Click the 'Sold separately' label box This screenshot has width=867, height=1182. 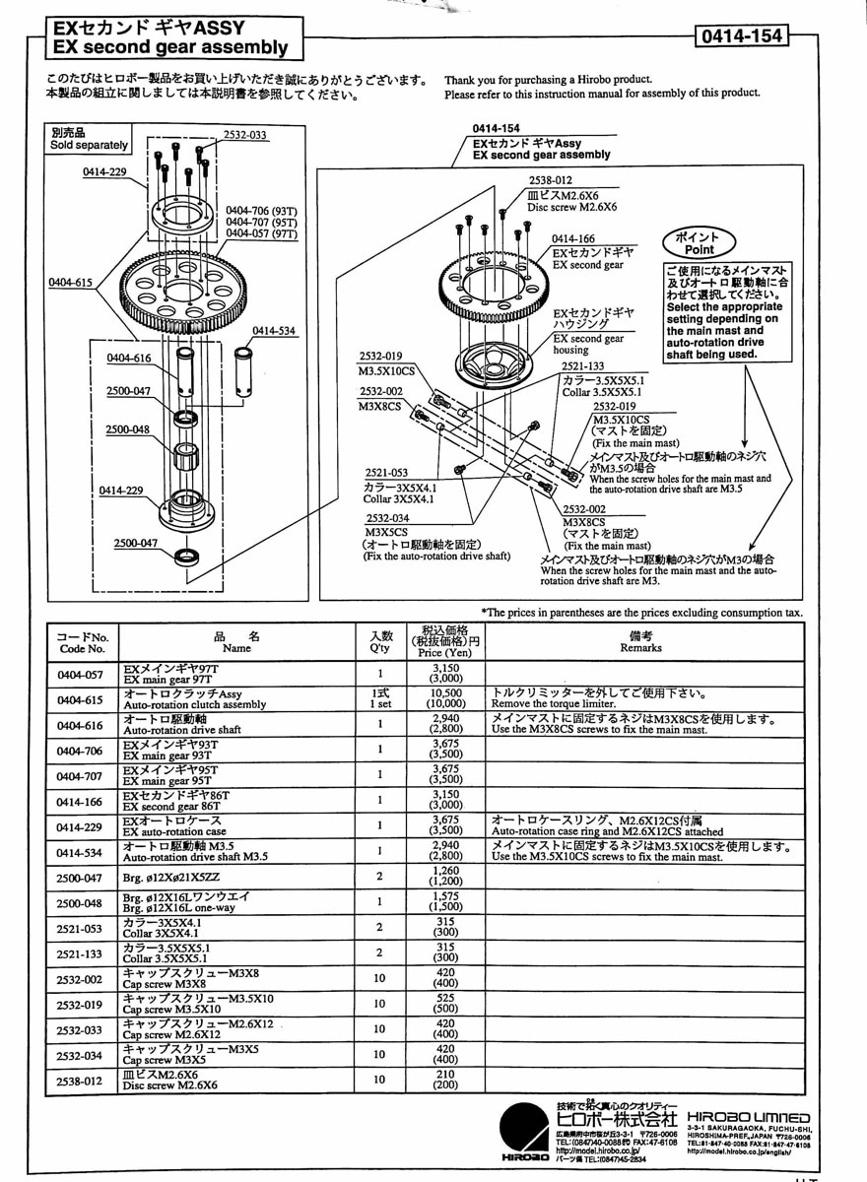point(89,139)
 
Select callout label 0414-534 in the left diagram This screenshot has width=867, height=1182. point(274,331)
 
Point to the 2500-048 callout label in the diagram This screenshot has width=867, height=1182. point(128,429)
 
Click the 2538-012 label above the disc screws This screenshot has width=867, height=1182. point(550,181)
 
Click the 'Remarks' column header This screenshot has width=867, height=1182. point(640,642)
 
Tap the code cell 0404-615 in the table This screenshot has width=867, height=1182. point(81,698)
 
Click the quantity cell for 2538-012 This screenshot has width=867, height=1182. point(379,1079)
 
